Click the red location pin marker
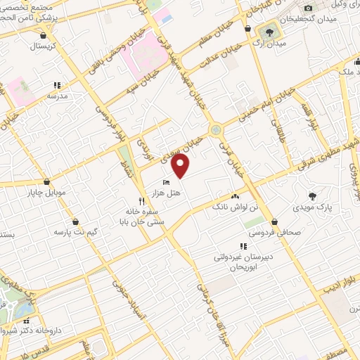click(181, 166)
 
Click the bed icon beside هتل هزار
click(166, 183)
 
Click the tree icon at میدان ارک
click(269, 32)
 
